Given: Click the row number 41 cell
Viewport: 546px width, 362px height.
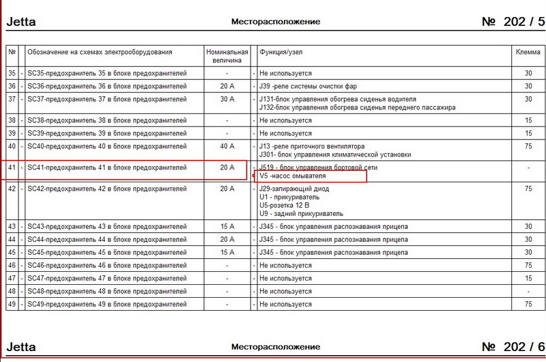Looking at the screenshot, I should [11, 167].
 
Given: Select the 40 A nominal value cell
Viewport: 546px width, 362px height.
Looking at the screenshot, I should [227, 146].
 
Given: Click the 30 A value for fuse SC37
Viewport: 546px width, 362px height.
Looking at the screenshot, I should [227, 99].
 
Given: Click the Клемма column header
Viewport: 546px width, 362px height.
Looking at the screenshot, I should [528, 52].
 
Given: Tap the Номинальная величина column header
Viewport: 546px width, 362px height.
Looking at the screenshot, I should [227, 56].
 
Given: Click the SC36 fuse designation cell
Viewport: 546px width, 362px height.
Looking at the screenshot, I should [106, 86].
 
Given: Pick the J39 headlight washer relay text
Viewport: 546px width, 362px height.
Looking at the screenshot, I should [308, 86].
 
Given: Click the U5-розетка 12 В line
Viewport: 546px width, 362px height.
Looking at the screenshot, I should [285, 205].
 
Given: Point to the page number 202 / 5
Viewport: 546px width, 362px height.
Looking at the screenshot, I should [513, 22].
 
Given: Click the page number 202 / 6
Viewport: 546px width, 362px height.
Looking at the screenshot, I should [513, 348].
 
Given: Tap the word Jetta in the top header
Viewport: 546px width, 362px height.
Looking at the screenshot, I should [21, 22].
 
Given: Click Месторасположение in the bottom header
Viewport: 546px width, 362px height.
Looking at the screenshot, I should [276, 348].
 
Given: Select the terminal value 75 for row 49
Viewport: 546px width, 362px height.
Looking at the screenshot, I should [528, 304].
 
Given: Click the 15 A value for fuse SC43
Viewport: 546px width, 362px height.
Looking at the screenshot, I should [227, 226].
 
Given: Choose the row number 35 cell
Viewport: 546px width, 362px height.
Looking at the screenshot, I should [11, 73].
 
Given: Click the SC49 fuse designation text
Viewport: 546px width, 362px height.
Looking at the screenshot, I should [106, 304].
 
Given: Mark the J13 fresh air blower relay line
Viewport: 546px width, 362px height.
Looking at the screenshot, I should [312, 146].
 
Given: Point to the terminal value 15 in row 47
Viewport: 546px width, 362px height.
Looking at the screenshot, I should [528, 278].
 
